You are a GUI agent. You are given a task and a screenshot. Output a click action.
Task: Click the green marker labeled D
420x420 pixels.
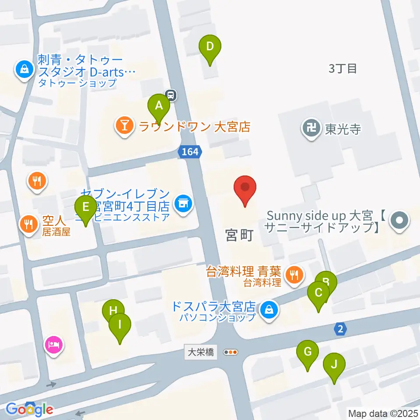click(210, 46)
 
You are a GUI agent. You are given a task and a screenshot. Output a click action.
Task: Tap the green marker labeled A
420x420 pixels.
click(159, 106)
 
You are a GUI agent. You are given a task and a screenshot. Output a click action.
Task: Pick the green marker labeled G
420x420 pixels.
click(308, 352)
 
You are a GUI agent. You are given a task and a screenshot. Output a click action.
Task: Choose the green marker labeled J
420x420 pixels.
click(334, 364)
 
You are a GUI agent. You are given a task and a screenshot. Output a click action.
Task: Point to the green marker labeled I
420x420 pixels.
click(120, 325)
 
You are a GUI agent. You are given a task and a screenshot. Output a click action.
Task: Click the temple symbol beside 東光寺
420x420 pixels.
click(311, 129)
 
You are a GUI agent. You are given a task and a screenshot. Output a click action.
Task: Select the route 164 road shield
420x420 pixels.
click(190, 152)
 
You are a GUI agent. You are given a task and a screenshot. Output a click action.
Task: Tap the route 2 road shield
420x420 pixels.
click(341, 328)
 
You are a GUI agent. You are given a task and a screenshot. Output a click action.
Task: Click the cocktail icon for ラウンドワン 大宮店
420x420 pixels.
click(125, 126)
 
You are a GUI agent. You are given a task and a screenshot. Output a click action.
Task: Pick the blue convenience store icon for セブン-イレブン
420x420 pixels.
click(183, 203)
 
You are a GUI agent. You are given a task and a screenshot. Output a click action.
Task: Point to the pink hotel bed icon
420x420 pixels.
click(54, 345)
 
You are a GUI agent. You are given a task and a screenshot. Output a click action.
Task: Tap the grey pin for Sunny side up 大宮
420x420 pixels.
click(399, 220)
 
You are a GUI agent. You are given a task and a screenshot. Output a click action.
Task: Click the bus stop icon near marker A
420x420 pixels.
click(171, 94)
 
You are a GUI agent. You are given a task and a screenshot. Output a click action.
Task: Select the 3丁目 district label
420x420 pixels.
click(343, 68)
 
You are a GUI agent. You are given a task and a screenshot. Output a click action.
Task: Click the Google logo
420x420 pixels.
click(30, 409)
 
